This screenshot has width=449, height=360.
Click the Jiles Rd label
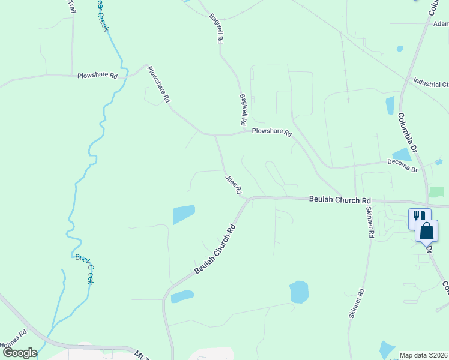[234, 184]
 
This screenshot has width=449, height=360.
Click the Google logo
[19, 353]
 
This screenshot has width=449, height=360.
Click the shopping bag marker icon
[426, 231]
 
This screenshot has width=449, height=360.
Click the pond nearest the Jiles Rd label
[184, 214]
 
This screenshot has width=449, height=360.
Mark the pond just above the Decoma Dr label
[402, 155]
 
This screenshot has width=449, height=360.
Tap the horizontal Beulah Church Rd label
[340, 199]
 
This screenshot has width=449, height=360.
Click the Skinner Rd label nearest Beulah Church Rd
[370, 222]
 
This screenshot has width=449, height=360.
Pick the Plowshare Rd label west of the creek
[97, 76]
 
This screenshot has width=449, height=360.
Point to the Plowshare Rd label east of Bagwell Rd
[271, 131]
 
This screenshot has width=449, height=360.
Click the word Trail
[72, 7]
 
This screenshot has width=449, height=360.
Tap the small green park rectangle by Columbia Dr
[437, 192]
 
